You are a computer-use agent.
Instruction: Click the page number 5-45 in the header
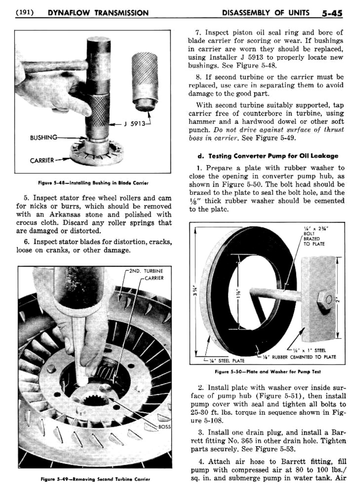click(x=332, y=13)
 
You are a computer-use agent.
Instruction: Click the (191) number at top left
click(x=24, y=13)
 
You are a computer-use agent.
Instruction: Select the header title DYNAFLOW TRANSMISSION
click(x=98, y=13)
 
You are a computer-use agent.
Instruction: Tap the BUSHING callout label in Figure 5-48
click(x=43, y=138)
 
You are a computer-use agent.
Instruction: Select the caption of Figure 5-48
click(x=93, y=183)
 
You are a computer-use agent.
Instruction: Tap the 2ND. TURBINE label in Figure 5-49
click(x=146, y=271)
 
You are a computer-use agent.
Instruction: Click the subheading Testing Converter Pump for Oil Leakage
click(x=268, y=156)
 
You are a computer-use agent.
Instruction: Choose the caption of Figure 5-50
click(x=267, y=371)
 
